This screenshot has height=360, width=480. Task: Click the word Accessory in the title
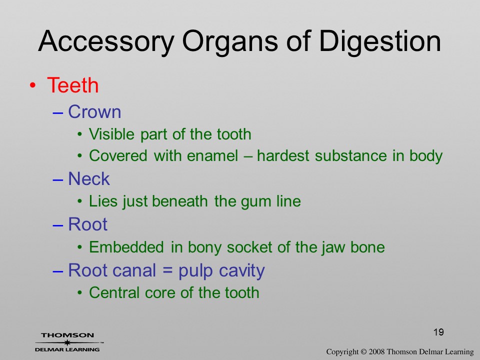pos(106,41)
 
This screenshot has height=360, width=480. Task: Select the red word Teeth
pos(73,85)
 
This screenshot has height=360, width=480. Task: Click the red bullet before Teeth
pos(32,85)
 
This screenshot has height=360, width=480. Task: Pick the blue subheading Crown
pos(94,111)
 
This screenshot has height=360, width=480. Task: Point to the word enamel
pos(212,155)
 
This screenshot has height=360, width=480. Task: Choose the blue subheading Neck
pos(89,178)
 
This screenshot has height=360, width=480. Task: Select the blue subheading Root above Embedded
pos(88,224)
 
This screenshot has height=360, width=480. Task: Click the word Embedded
pos(126,247)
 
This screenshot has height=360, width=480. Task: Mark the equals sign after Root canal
pos(167,270)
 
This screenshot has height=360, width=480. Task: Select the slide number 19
pos(438,332)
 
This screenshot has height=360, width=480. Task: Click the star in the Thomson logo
pos(67,342)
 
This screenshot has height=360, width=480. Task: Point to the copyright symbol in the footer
pos(363,351)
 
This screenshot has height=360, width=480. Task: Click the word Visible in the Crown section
pos(111,134)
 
